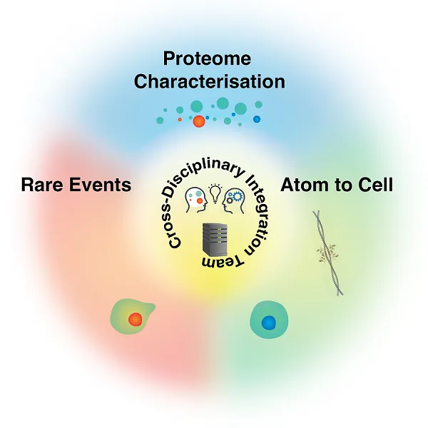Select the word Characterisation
click(x=209, y=81)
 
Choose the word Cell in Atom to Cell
click(x=376, y=185)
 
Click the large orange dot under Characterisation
click(x=199, y=122)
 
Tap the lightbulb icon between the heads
click(x=213, y=191)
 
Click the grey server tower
click(x=213, y=240)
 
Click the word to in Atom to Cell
click(x=342, y=185)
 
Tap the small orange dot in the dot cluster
click(x=180, y=119)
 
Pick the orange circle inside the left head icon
click(x=199, y=202)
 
